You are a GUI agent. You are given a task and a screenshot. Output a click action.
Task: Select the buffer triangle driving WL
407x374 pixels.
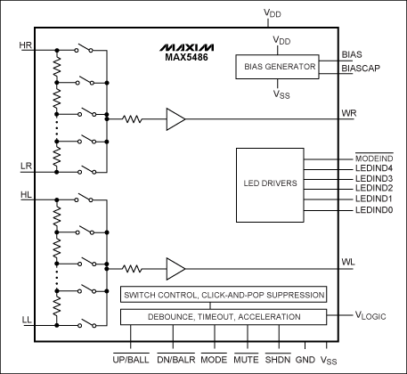click(x=175, y=266)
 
